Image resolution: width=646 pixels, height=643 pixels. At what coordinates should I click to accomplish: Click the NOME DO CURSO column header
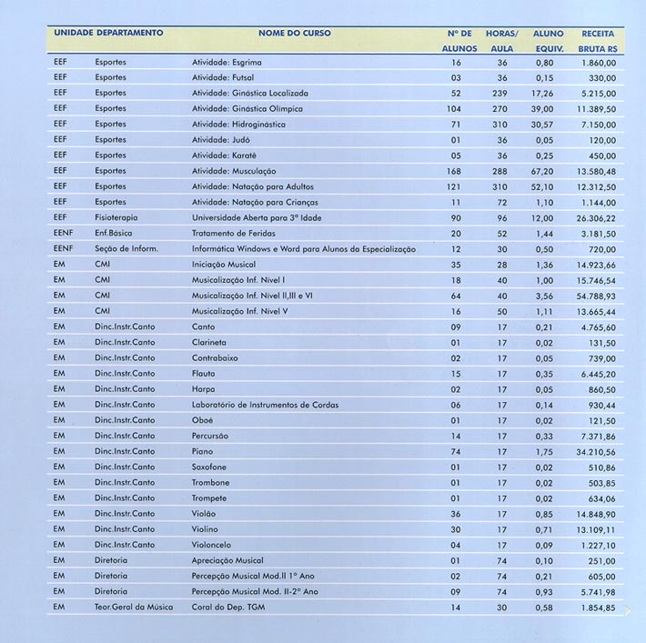(295, 34)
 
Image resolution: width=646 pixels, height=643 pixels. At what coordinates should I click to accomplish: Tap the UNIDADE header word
(75, 34)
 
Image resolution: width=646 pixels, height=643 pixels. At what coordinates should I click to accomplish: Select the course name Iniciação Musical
(224, 265)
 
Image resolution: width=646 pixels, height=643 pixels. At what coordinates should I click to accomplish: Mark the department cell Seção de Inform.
(126, 249)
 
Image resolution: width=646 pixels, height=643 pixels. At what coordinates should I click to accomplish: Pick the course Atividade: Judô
(221, 141)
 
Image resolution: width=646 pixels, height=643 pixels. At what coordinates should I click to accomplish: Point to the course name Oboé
(203, 420)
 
